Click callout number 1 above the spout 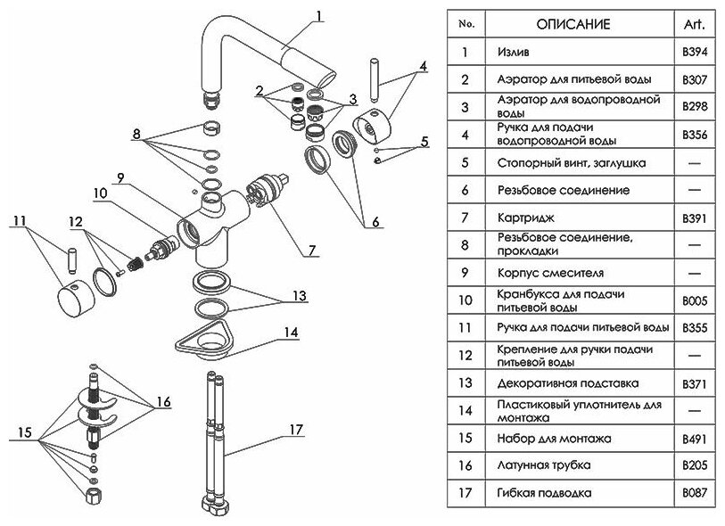coord(318,14)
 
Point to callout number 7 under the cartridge coord(311,251)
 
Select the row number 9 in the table coord(464,272)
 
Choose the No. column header coord(465,23)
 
